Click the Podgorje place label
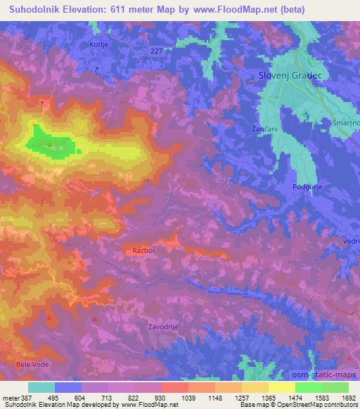(x=307, y=187)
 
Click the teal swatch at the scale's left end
(x=41, y=387)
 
